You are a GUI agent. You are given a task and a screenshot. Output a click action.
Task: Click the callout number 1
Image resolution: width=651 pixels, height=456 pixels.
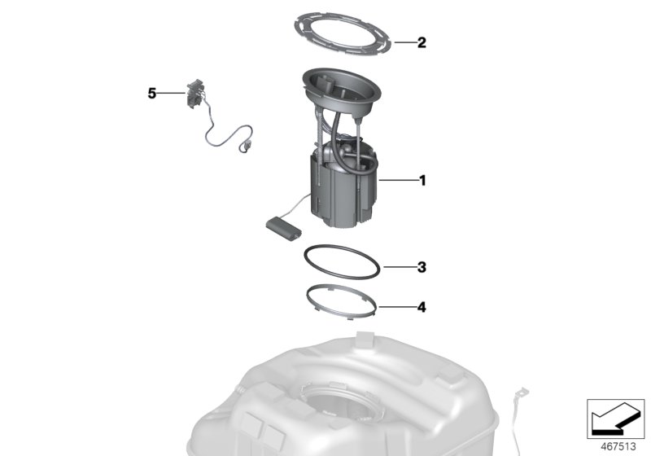tap(421, 181)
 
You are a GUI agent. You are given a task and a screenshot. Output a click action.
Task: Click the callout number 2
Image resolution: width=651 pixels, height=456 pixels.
tap(421, 42)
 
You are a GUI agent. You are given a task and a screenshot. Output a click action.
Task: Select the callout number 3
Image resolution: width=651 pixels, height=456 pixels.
tap(421, 266)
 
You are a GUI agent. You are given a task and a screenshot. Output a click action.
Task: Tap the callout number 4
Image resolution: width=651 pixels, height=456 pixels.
tap(421, 308)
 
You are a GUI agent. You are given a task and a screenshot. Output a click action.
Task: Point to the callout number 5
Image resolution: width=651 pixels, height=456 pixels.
tap(152, 94)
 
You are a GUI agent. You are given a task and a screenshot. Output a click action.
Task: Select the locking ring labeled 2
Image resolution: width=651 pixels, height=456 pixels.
tap(341, 24)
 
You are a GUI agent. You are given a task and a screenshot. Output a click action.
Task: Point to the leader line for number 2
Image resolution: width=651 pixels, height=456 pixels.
tap(404, 42)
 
